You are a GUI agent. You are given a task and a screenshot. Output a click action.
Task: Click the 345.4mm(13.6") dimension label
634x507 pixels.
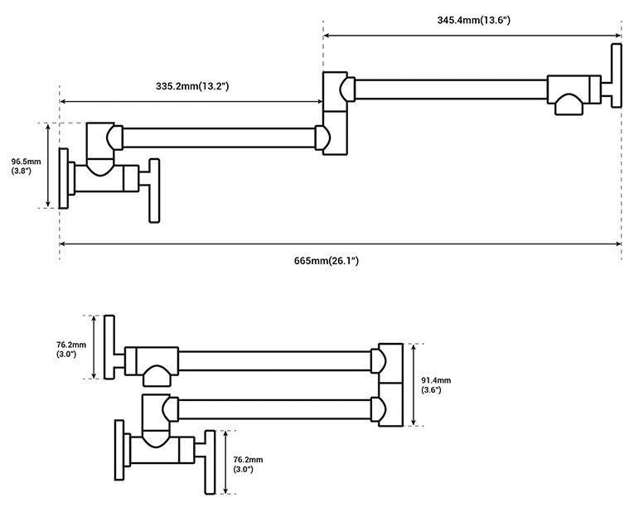(x=473, y=20)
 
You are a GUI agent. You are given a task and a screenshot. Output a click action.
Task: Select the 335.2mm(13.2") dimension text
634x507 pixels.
(x=192, y=86)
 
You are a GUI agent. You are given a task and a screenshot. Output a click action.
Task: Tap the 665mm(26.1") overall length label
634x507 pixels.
(x=327, y=261)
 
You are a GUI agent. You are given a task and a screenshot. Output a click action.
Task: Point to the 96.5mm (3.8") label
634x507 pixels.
(x=26, y=167)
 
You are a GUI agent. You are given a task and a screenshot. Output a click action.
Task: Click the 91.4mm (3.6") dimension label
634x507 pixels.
(x=436, y=385)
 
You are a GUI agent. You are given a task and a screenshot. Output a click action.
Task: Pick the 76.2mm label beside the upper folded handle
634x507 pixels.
(x=71, y=350)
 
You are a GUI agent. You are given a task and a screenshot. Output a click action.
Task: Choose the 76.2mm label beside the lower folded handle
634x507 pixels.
(x=248, y=464)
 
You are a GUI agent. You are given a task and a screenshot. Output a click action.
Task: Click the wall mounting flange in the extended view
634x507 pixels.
(x=64, y=178)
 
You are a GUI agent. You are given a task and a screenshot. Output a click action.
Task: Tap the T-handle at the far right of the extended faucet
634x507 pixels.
(x=617, y=75)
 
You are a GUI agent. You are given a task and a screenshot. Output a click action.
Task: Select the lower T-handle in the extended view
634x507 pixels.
(x=154, y=191)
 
